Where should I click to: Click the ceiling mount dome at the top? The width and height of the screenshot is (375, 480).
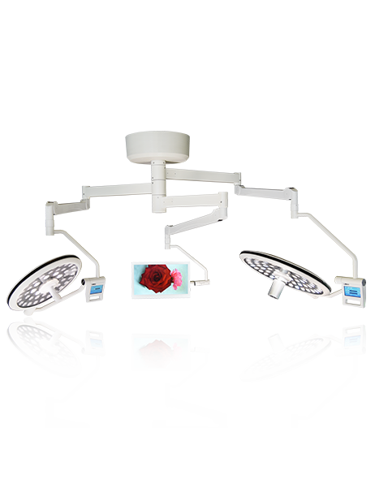pos(157,146)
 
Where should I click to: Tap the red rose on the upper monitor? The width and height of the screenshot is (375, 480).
pos(153,278)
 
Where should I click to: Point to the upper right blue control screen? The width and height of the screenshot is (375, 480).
pos(351,290)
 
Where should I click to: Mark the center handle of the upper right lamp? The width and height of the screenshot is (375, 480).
pos(278,285)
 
